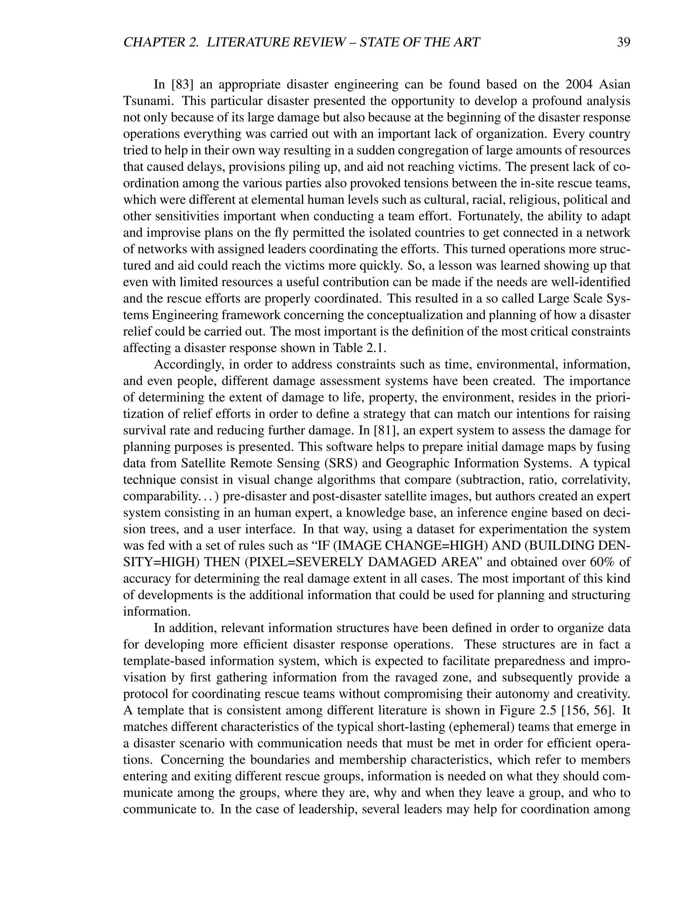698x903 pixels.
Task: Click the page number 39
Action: (623, 42)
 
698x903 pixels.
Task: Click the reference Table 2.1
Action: (359, 348)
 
